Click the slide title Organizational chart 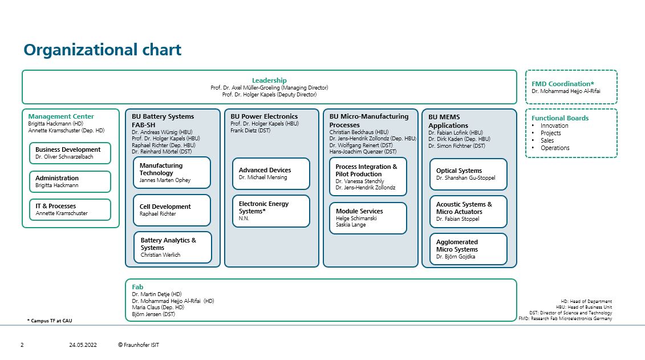point(103,50)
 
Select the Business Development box point(70,153)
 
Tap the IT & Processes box point(70,209)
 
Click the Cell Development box point(172,211)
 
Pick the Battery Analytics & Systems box point(172,247)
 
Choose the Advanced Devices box point(271,173)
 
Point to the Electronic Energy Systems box point(271,211)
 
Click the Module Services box point(368,218)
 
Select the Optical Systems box point(468,174)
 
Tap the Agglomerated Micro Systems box point(468,249)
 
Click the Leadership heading point(269,80)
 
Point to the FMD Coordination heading point(563,84)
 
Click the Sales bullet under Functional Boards point(547,140)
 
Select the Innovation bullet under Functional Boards point(554,126)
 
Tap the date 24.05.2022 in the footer point(83,345)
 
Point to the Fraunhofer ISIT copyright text point(138,345)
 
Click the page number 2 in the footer point(22,345)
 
